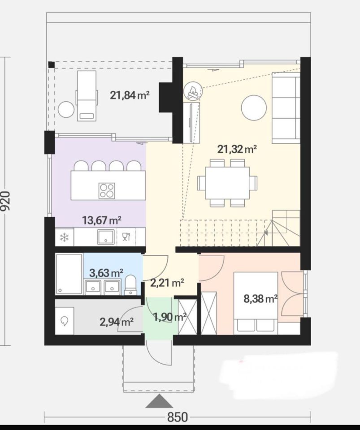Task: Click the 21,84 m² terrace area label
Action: pos(130,95)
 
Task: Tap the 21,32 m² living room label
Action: pos(237,149)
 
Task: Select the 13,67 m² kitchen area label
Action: pos(102,220)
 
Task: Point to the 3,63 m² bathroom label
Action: pos(106,273)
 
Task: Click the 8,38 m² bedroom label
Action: pos(260,298)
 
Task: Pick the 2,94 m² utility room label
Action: pos(117,322)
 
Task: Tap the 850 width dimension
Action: pos(178,417)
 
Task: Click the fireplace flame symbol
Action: pos(193,91)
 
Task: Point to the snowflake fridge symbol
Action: pos(65,237)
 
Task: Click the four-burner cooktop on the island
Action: pos(107,190)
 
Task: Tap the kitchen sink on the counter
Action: pos(105,237)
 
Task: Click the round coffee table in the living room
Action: pos(254,107)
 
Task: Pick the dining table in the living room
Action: pos(227,183)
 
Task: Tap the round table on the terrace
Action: pos(66,109)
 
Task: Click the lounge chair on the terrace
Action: pos(87,96)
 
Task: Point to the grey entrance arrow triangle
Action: pos(159,401)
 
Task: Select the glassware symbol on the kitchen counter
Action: pos(126,236)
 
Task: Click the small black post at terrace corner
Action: pos(51,64)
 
